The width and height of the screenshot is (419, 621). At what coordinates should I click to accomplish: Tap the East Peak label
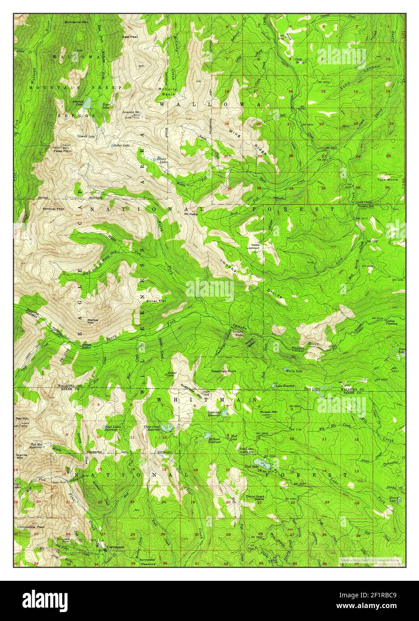pyautogui.click(x=130, y=37)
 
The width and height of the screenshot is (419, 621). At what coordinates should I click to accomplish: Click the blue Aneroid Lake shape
pyautogui.click(x=88, y=103)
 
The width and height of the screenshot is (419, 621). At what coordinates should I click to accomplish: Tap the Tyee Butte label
pyautogui.click(x=387, y=179)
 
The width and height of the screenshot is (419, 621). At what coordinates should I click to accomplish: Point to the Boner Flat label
pyautogui.click(x=156, y=301)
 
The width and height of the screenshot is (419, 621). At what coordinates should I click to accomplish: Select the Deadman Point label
pyautogui.click(x=224, y=371)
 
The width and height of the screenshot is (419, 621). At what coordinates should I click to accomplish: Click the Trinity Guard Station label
pyautogui.click(x=255, y=497)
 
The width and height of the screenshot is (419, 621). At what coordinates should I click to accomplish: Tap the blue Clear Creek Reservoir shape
pyautogui.click(x=167, y=428)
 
